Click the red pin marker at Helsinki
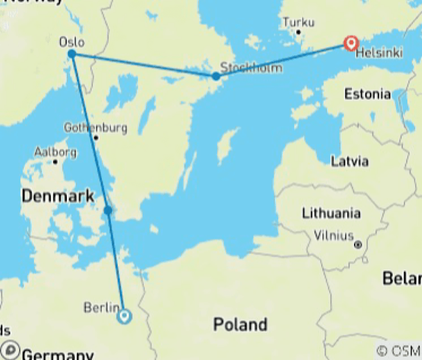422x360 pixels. pyautogui.click(x=351, y=43)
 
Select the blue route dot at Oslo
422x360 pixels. pyautogui.click(x=72, y=54)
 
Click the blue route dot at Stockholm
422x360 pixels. pyautogui.click(x=216, y=76)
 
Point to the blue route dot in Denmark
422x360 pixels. pyautogui.click(x=108, y=211)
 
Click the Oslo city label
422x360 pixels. pyautogui.click(x=72, y=42)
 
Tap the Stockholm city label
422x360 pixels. pyautogui.click(x=251, y=67)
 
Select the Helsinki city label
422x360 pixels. pyautogui.click(x=379, y=53)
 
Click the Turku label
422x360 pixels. pyautogui.click(x=299, y=22)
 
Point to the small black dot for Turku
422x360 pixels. pyautogui.click(x=299, y=32)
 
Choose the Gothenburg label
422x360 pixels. pyautogui.click(x=96, y=128)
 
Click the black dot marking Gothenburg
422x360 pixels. pyautogui.click(x=96, y=138)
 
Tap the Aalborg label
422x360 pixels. pyautogui.click(x=55, y=152)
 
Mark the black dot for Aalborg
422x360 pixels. pyautogui.click(x=55, y=161)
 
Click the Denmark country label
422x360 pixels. pyautogui.click(x=58, y=196)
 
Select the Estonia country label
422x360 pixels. pyautogui.click(x=367, y=94)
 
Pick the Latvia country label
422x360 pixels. pyautogui.click(x=349, y=161)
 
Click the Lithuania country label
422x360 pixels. pyautogui.click(x=331, y=213)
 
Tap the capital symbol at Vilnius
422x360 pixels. pyautogui.click(x=358, y=245)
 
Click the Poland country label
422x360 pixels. pyautogui.click(x=240, y=324)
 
